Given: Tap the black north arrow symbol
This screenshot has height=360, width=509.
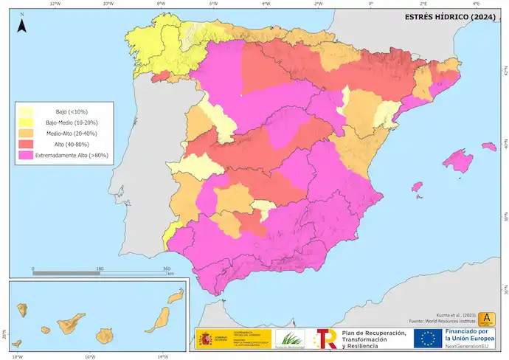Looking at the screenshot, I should pyautogui.click(x=22, y=26).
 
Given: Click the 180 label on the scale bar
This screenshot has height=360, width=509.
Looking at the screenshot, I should pyautogui.click(x=100, y=269).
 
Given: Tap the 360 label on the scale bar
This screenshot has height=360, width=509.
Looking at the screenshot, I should pyautogui.click(x=167, y=269).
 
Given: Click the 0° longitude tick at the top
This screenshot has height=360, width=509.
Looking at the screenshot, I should pyautogui.click(x=371, y=3).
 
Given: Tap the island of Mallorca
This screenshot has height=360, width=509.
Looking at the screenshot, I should pyautogui.click(x=462, y=159).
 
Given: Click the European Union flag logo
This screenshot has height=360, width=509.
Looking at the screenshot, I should pyautogui.click(x=428, y=339).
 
